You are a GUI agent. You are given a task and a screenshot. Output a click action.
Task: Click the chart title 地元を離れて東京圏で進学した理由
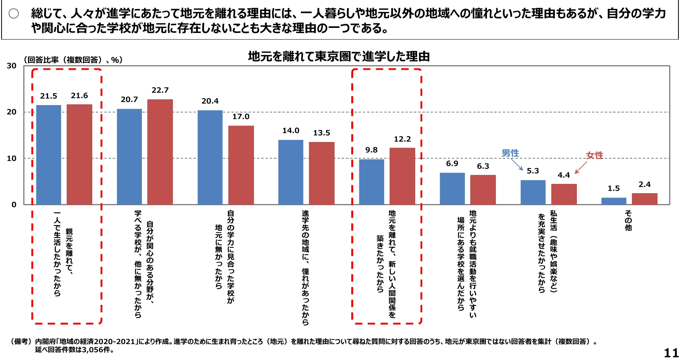339,57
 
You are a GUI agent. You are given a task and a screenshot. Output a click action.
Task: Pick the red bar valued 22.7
160,152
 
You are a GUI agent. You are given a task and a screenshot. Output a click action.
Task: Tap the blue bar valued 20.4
210,157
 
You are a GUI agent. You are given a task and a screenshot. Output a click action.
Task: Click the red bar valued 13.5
321,173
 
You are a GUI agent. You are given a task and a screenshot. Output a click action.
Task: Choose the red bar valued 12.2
402,176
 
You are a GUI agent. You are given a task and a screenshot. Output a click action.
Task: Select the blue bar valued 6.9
452,189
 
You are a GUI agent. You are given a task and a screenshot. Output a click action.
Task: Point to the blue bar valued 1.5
614,201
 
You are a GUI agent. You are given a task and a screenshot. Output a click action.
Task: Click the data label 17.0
241,117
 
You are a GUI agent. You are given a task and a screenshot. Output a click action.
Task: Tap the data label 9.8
371,150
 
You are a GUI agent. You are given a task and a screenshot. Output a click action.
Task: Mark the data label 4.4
564,175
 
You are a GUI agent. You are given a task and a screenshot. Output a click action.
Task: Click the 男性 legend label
510,153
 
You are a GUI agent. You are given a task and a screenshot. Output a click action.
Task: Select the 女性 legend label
594,156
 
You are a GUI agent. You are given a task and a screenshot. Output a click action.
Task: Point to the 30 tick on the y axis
12,66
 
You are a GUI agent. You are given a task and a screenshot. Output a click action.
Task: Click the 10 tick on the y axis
12,158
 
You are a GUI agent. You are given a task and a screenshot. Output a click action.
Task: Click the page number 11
671,353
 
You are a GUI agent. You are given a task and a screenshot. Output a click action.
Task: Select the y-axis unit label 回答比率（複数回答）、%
73,60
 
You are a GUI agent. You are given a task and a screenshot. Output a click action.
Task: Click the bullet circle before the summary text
14,14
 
